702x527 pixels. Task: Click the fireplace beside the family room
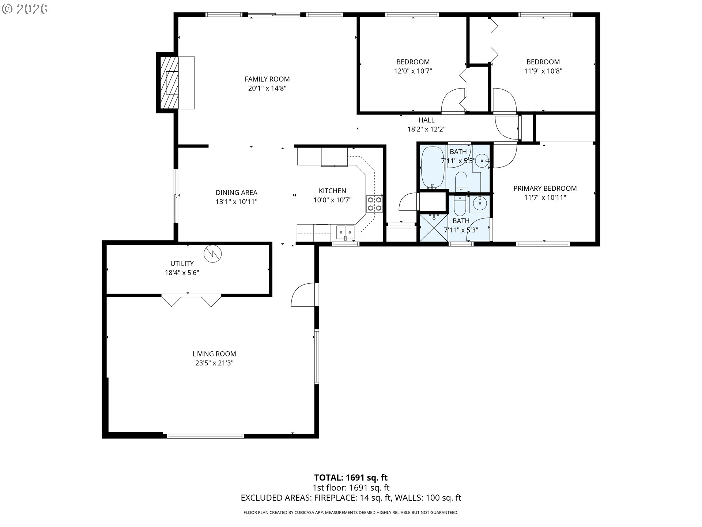(x=168, y=83)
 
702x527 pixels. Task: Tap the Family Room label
(x=267, y=79)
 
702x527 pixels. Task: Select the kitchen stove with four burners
(x=374, y=204)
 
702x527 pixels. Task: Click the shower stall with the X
(x=434, y=227)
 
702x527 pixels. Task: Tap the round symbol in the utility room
(x=213, y=253)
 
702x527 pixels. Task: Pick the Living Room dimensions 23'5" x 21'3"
(x=214, y=363)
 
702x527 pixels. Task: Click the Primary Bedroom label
(x=545, y=188)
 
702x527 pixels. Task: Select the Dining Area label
(x=237, y=193)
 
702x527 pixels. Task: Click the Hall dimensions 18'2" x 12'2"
(x=427, y=129)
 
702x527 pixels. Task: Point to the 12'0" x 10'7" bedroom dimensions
(x=413, y=71)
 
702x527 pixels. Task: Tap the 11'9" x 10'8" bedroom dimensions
(x=543, y=71)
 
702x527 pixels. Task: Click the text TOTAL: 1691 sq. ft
(x=351, y=478)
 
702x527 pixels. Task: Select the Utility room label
(x=182, y=263)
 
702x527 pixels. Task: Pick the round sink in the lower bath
(x=479, y=202)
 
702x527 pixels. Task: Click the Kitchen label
(x=332, y=191)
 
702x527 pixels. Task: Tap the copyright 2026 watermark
(x=25, y=9)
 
